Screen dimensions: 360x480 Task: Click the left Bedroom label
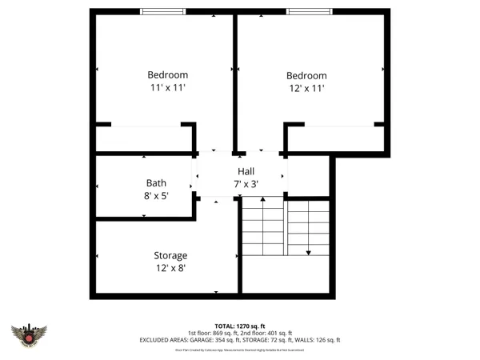[168, 75]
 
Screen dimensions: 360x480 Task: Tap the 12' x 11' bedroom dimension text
[306, 89]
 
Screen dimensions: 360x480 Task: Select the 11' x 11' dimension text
[168, 88]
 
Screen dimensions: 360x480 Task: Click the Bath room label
[156, 183]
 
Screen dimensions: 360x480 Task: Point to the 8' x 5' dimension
[156, 195]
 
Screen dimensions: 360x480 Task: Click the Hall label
[246, 172]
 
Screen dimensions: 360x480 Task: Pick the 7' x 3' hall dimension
[246, 184]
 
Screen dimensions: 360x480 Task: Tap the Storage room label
[170, 256]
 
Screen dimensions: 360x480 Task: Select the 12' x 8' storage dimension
[170, 269]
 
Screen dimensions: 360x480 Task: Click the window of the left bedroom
[163, 11]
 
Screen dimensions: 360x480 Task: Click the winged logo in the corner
[30, 337]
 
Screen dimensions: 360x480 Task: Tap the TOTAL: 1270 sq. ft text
[240, 326]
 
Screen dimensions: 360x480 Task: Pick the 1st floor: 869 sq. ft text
[214, 333]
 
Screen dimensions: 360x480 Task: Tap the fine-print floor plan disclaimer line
[240, 350]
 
